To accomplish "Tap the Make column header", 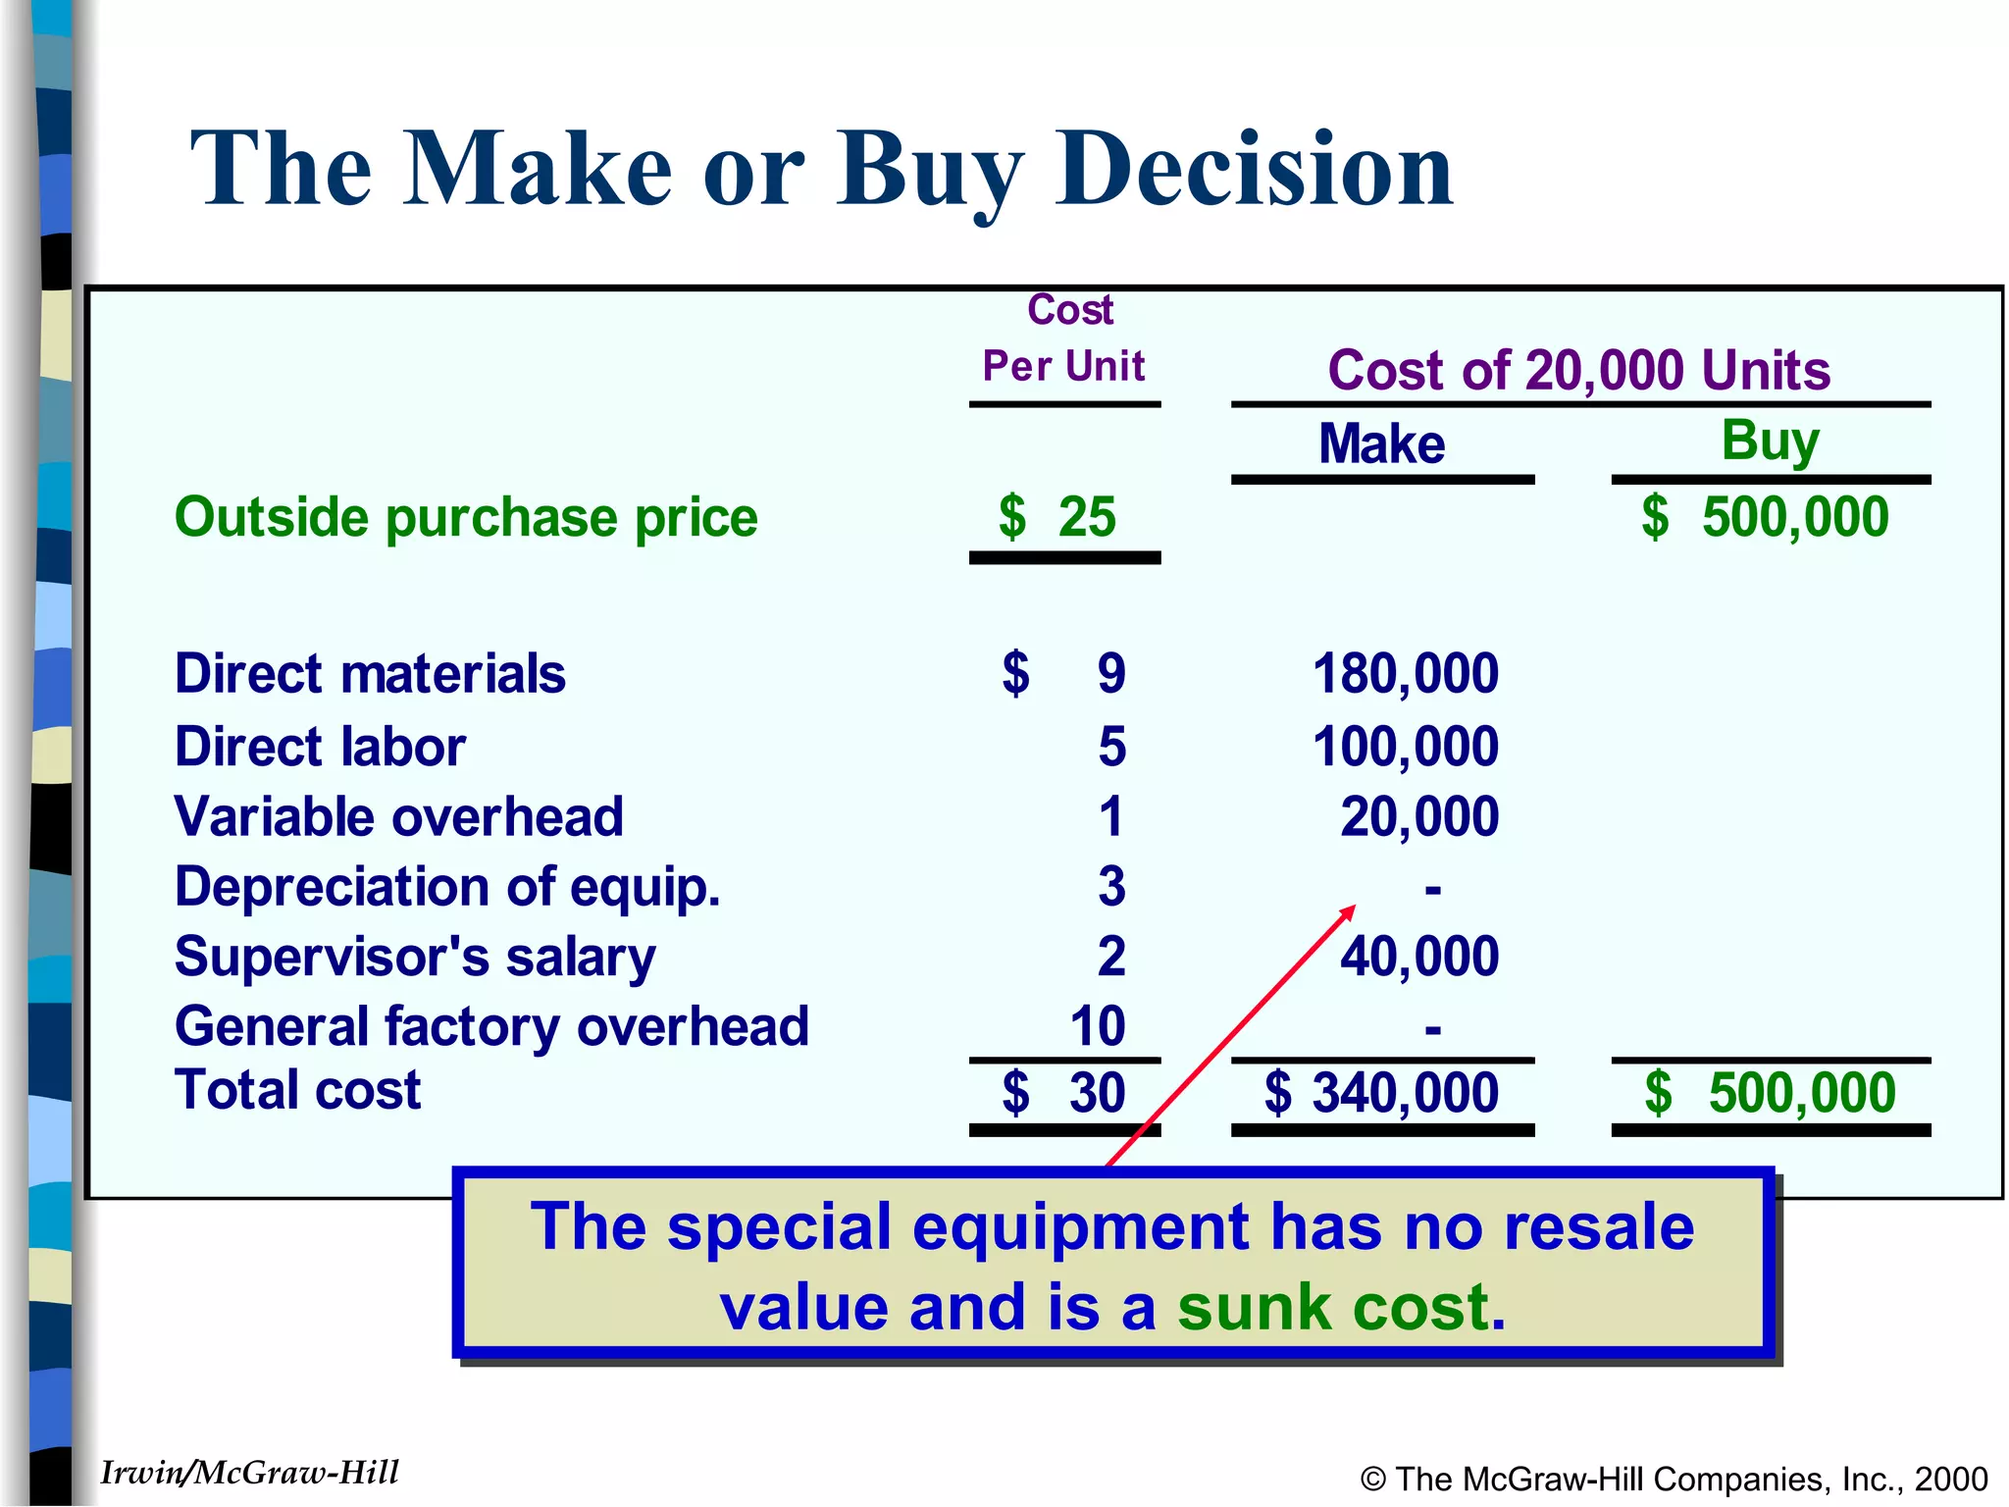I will [1381, 443].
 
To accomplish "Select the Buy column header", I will [1770, 441].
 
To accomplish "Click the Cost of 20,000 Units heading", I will [1579, 370].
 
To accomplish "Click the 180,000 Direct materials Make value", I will [1405, 674].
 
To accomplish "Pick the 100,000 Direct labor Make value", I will [1405, 747].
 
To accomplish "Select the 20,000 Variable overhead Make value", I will [1418, 816].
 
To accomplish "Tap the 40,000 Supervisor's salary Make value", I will [1418, 956].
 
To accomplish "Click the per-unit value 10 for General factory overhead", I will [1097, 1026].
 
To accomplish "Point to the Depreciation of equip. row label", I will [447, 887].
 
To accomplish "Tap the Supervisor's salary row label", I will [415, 957].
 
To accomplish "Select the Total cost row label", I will [297, 1090].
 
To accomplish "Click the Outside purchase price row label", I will [466, 517].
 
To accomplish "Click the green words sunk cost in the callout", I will [1334, 1307].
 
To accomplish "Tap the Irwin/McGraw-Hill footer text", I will [249, 1473].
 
